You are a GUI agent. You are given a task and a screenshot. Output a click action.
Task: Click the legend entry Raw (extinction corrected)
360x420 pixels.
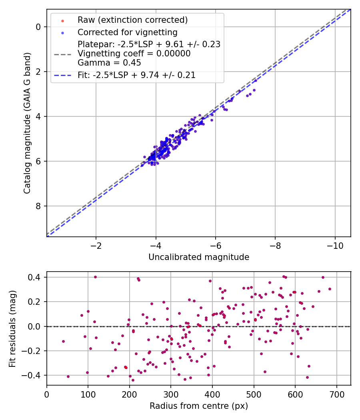[x=132, y=20]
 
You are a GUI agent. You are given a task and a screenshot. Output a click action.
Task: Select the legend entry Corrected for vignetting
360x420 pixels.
[x=128, y=32]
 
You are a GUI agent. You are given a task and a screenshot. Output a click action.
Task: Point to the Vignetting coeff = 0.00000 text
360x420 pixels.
[x=134, y=54]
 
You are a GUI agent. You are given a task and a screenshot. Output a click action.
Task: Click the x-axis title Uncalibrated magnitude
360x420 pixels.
[x=199, y=257]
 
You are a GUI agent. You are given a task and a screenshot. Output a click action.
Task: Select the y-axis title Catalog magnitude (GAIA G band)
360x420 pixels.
[x=27, y=123]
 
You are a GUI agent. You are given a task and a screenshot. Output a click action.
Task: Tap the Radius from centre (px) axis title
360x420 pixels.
[x=199, y=406]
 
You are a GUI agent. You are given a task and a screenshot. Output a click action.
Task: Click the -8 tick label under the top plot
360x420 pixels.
[x=275, y=245]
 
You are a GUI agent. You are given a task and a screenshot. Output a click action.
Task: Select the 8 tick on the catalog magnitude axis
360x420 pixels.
[x=38, y=206]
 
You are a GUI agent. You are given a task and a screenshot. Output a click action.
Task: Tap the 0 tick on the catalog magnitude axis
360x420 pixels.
[x=38, y=27]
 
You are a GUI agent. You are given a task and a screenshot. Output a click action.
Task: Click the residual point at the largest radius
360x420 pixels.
[x=330, y=289]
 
